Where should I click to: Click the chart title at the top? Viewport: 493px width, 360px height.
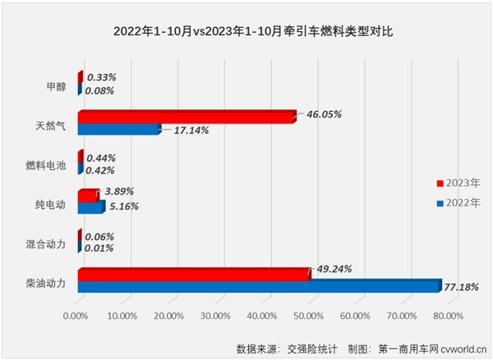pos(246,33)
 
